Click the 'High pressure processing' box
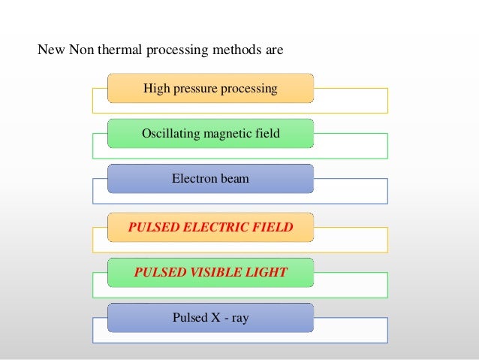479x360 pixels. pos(210,88)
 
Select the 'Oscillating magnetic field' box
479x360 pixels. pos(210,134)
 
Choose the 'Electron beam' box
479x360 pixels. pos(210,180)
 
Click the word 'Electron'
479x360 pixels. pos(194,180)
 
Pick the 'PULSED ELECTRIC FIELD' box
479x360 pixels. pos(210,226)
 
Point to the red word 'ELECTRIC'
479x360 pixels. pos(212,226)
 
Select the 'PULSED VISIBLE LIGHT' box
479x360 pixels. pos(210,272)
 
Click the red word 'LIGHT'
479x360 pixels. pos(267,272)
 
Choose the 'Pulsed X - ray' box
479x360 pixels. pos(210,318)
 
